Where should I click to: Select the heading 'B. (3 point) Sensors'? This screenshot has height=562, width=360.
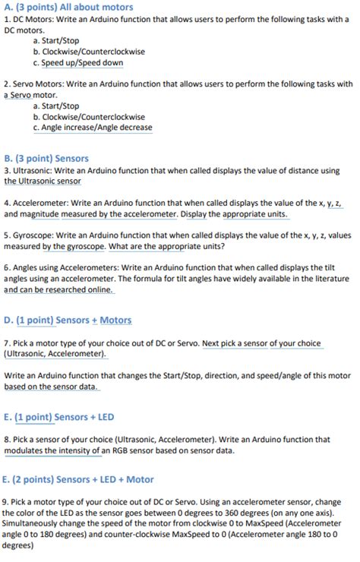click(46, 159)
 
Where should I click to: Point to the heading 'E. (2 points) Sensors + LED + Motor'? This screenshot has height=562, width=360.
click(78, 479)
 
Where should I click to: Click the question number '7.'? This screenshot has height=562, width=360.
click(7, 343)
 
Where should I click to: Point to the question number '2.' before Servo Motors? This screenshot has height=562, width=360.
click(7, 84)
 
